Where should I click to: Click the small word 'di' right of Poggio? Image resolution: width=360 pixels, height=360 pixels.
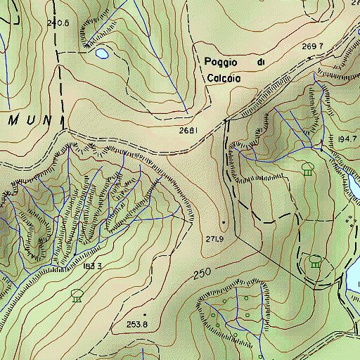click(261, 63)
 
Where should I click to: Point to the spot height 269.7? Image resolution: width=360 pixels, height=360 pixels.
click(312, 46)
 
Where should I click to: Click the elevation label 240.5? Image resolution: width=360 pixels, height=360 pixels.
click(58, 23)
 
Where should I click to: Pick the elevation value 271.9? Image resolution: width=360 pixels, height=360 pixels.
click(214, 240)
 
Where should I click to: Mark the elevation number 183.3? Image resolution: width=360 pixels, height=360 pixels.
click(92, 266)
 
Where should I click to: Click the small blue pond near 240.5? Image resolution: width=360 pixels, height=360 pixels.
click(102, 53)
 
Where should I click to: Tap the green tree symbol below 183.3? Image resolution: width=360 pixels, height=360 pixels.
click(76, 295)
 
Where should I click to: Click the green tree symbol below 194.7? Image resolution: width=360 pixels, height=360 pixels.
click(307, 169)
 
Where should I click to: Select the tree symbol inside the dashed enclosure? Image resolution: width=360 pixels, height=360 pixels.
click(314, 262)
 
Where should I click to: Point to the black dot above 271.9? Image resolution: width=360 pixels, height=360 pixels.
click(224, 223)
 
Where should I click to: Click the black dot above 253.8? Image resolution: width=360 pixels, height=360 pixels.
click(145, 314)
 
